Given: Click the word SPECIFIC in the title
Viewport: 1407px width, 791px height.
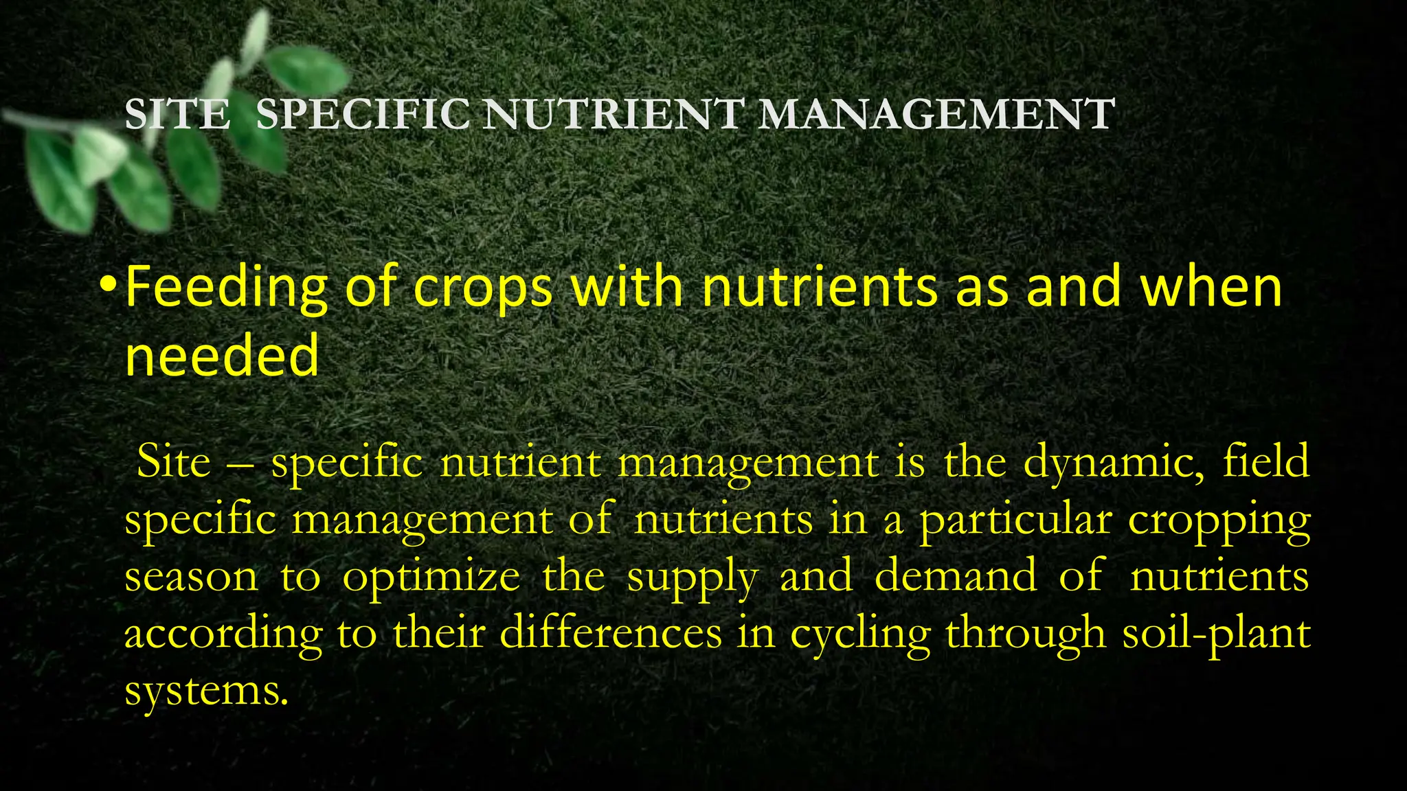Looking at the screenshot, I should pos(363,114).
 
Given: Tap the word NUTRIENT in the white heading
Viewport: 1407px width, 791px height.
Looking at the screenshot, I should pos(612,114).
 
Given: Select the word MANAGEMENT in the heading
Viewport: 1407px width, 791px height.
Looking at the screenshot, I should pos(936,114).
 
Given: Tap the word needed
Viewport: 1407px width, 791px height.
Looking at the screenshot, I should pos(222,356).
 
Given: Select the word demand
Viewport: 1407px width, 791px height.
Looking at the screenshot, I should pos(956,575).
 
